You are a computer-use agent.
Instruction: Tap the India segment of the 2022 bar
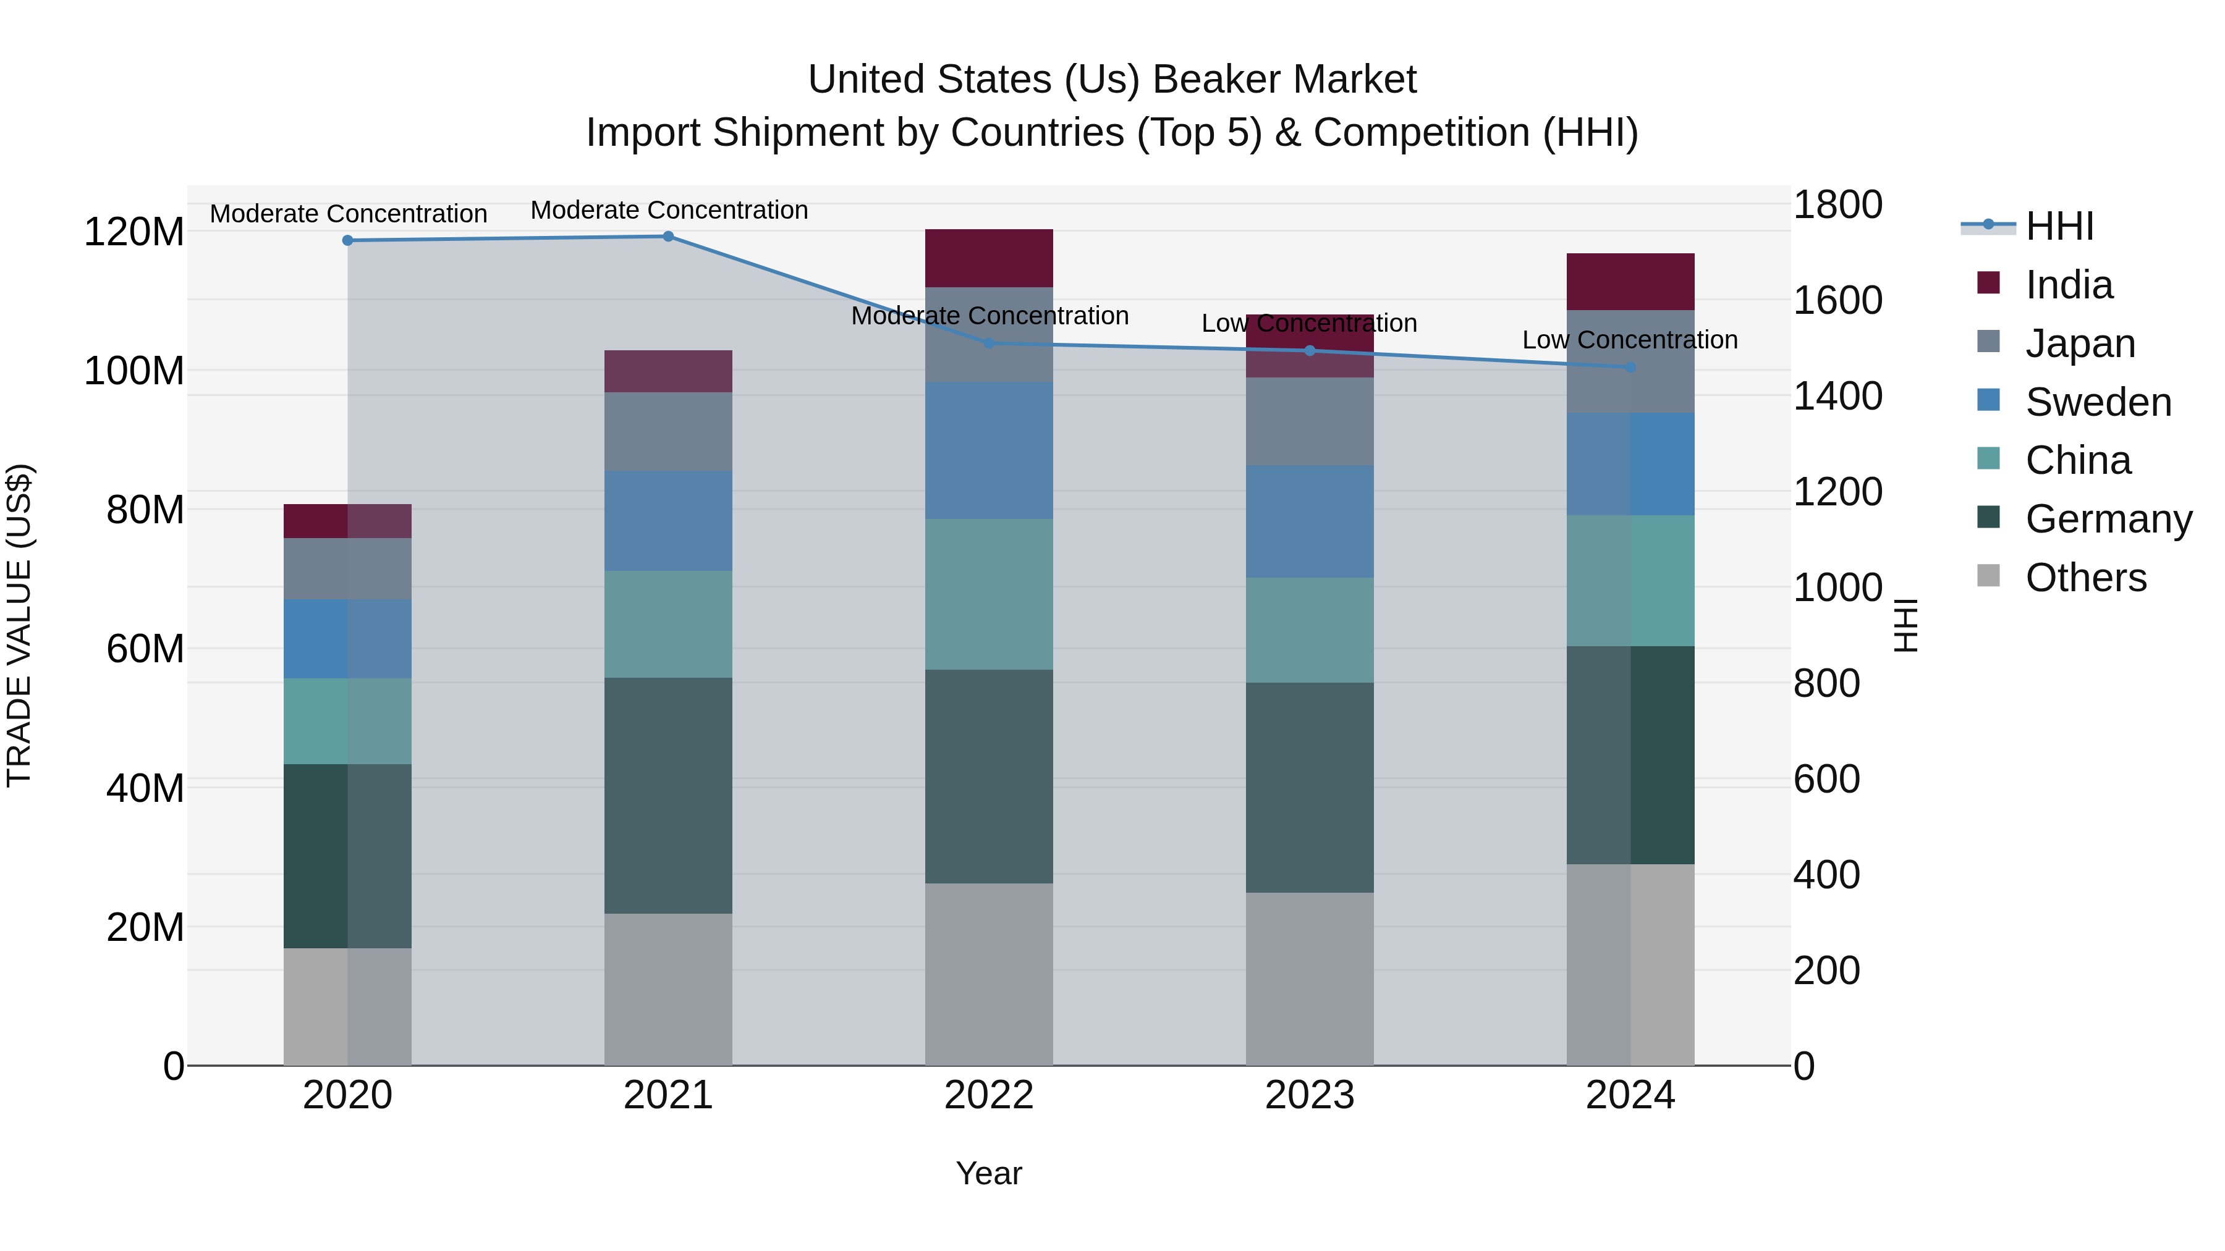click(x=989, y=258)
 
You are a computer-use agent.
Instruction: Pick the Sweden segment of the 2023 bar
click(x=1310, y=521)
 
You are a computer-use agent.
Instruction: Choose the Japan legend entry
click(x=2080, y=343)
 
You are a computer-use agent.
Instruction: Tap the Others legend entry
click(x=2085, y=578)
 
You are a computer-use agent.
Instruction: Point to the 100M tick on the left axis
click(x=134, y=371)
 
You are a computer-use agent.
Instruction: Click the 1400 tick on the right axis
click(x=1837, y=396)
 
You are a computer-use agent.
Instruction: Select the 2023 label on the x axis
click(x=1310, y=1095)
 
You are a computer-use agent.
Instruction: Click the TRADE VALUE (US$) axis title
click(x=20, y=625)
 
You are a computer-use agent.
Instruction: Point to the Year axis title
click(x=989, y=1173)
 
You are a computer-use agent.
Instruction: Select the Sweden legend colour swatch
click(x=1988, y=400)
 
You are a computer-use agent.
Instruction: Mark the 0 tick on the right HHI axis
click(x=1804, y=1066)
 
